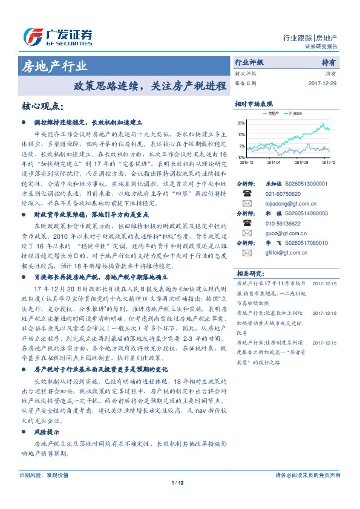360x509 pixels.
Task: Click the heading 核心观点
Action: [42, 106]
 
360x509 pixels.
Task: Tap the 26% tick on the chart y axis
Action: [242, 123]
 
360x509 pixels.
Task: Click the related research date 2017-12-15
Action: [324, 343]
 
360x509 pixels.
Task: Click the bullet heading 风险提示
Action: [47, 433]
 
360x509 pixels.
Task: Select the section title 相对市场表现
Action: [254, 104]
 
